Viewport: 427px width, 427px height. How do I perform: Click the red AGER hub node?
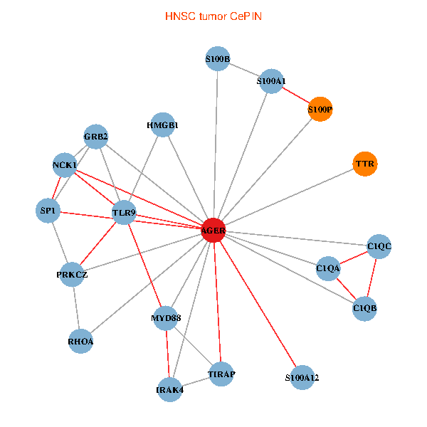[213, 231]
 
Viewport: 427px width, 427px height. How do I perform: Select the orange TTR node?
[364, 164]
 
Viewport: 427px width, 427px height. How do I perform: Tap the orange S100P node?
[320, 110]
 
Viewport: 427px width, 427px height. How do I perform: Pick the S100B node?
[217, 60]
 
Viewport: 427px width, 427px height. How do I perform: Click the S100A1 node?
[271, 81]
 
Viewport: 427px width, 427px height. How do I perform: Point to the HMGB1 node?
[163, 125]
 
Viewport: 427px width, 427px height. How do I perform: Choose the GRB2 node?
[95, 136]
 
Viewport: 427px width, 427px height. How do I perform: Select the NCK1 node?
[65, 164]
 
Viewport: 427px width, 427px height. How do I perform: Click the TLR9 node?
[124, 211]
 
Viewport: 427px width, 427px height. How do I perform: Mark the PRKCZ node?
[72, 274]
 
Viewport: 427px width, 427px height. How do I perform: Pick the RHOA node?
[81, 341]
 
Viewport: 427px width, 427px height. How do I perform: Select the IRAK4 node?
[170, 389]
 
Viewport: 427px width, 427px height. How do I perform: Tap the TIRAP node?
[221, 374]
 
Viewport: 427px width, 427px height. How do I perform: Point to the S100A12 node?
[302, 376]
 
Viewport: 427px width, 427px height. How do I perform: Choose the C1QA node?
[328, 268]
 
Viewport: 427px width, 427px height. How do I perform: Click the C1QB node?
[364, 308]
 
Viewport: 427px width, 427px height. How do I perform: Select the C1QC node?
[379, 246]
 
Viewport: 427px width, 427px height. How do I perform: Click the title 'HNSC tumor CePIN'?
[213, 15]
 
